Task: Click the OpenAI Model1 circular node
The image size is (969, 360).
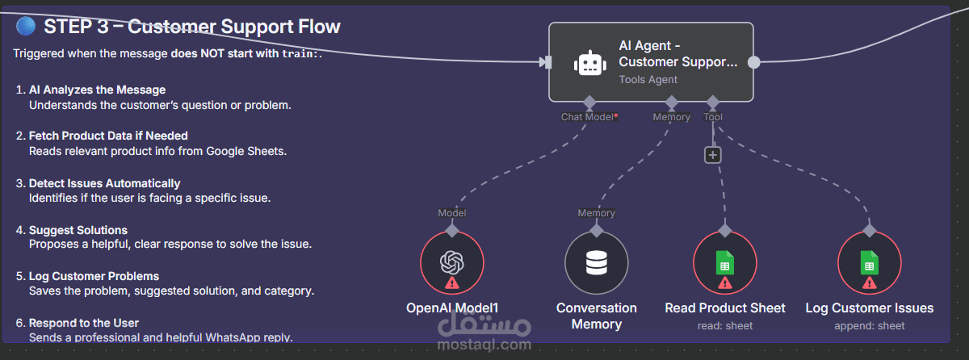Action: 452,263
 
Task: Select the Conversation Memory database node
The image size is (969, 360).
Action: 596,263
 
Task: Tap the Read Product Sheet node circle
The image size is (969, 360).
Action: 725,263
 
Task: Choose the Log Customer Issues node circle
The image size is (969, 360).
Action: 870,263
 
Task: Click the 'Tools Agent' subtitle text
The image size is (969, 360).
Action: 648,79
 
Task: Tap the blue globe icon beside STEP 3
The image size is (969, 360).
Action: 26,27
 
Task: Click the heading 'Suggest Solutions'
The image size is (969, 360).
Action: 78,230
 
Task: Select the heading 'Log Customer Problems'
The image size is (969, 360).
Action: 94,276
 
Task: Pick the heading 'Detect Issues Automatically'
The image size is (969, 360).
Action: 104,183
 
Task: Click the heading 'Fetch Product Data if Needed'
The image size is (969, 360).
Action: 108,136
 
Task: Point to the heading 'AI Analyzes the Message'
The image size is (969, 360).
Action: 97,90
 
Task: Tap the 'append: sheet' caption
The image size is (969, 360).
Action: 870,325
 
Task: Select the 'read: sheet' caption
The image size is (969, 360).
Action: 725,325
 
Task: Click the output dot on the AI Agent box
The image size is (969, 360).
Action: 753,61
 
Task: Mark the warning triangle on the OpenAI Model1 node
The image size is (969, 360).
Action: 451,283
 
